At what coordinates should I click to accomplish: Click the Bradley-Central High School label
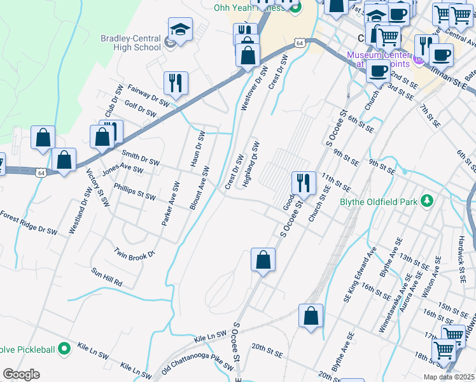coord(130,43)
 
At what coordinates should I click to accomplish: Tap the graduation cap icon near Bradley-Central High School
coord(180,29)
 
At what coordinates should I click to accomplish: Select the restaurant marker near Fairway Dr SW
coord(175,83)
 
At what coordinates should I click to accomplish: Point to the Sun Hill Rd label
coord(106,276)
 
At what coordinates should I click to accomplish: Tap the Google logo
coord(21,374)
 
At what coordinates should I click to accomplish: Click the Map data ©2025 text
coord(449,377)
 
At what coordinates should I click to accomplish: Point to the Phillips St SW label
coord(134,192)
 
